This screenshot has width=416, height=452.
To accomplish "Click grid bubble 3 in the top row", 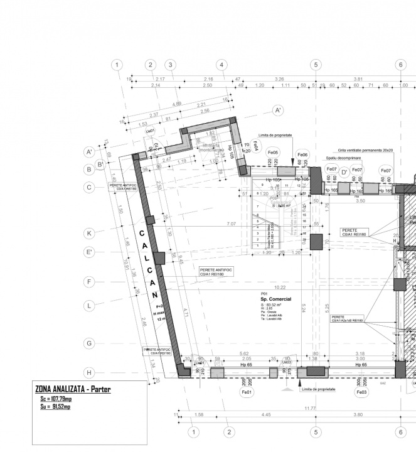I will click(170, 65).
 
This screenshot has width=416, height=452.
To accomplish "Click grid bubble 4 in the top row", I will click(221, 65).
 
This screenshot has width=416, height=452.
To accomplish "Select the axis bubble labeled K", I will click(90, 233).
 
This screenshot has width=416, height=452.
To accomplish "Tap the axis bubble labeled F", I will click(90, 282).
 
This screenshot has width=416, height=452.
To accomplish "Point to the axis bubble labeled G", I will click(90, 343).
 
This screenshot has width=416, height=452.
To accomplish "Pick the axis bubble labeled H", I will click(90, 371).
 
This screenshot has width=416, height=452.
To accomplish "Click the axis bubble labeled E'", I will click(90, 253).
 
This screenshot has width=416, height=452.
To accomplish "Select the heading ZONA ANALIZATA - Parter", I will click(73, 390).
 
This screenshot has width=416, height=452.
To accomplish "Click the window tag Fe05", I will click(273, 153).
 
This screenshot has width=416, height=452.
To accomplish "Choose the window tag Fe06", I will click(302, 154).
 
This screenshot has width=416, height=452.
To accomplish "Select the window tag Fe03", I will click(361, 392).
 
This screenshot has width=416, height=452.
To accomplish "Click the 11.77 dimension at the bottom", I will click(310, 409).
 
